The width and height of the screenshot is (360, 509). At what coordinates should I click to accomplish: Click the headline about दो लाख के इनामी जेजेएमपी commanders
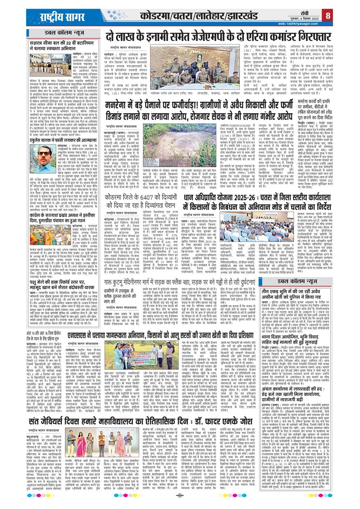(218, 36)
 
